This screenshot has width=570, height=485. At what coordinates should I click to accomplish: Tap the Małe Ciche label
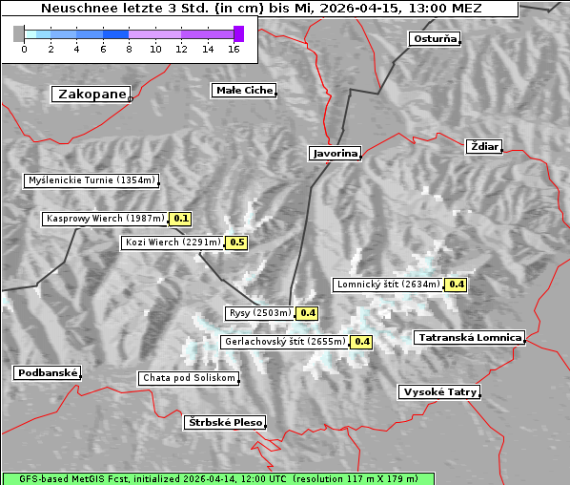243,91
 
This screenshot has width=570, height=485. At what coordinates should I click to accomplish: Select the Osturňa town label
435,39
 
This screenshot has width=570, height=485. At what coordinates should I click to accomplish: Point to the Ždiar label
484,146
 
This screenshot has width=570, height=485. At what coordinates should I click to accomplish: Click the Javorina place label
335,153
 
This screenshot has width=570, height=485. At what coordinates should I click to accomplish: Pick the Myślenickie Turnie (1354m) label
91,180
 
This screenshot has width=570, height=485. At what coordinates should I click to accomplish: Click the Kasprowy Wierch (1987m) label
105,219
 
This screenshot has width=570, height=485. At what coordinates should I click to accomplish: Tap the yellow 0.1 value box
180,219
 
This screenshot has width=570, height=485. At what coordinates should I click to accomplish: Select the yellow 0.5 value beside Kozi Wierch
236,242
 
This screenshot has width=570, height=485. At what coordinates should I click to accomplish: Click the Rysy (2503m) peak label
259,313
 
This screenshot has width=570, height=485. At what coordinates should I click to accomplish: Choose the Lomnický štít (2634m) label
388,285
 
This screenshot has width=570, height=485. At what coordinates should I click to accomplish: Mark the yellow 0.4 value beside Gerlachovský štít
361,341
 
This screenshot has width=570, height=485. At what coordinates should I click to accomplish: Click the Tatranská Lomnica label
469,337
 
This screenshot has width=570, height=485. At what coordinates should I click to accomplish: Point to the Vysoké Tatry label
439,392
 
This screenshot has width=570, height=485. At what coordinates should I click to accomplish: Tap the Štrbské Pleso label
224,422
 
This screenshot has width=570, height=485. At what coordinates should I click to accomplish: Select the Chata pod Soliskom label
188,378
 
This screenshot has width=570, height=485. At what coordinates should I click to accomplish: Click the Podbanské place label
47,372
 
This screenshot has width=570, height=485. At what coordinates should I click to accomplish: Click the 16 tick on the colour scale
234,49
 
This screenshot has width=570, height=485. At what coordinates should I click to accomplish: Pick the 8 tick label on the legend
129,49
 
